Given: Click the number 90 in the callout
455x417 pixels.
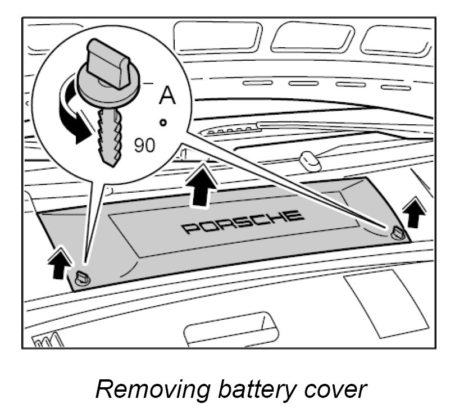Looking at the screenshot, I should (x=144, y=146).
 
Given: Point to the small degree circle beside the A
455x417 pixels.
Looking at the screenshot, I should (x=163, y=121).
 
